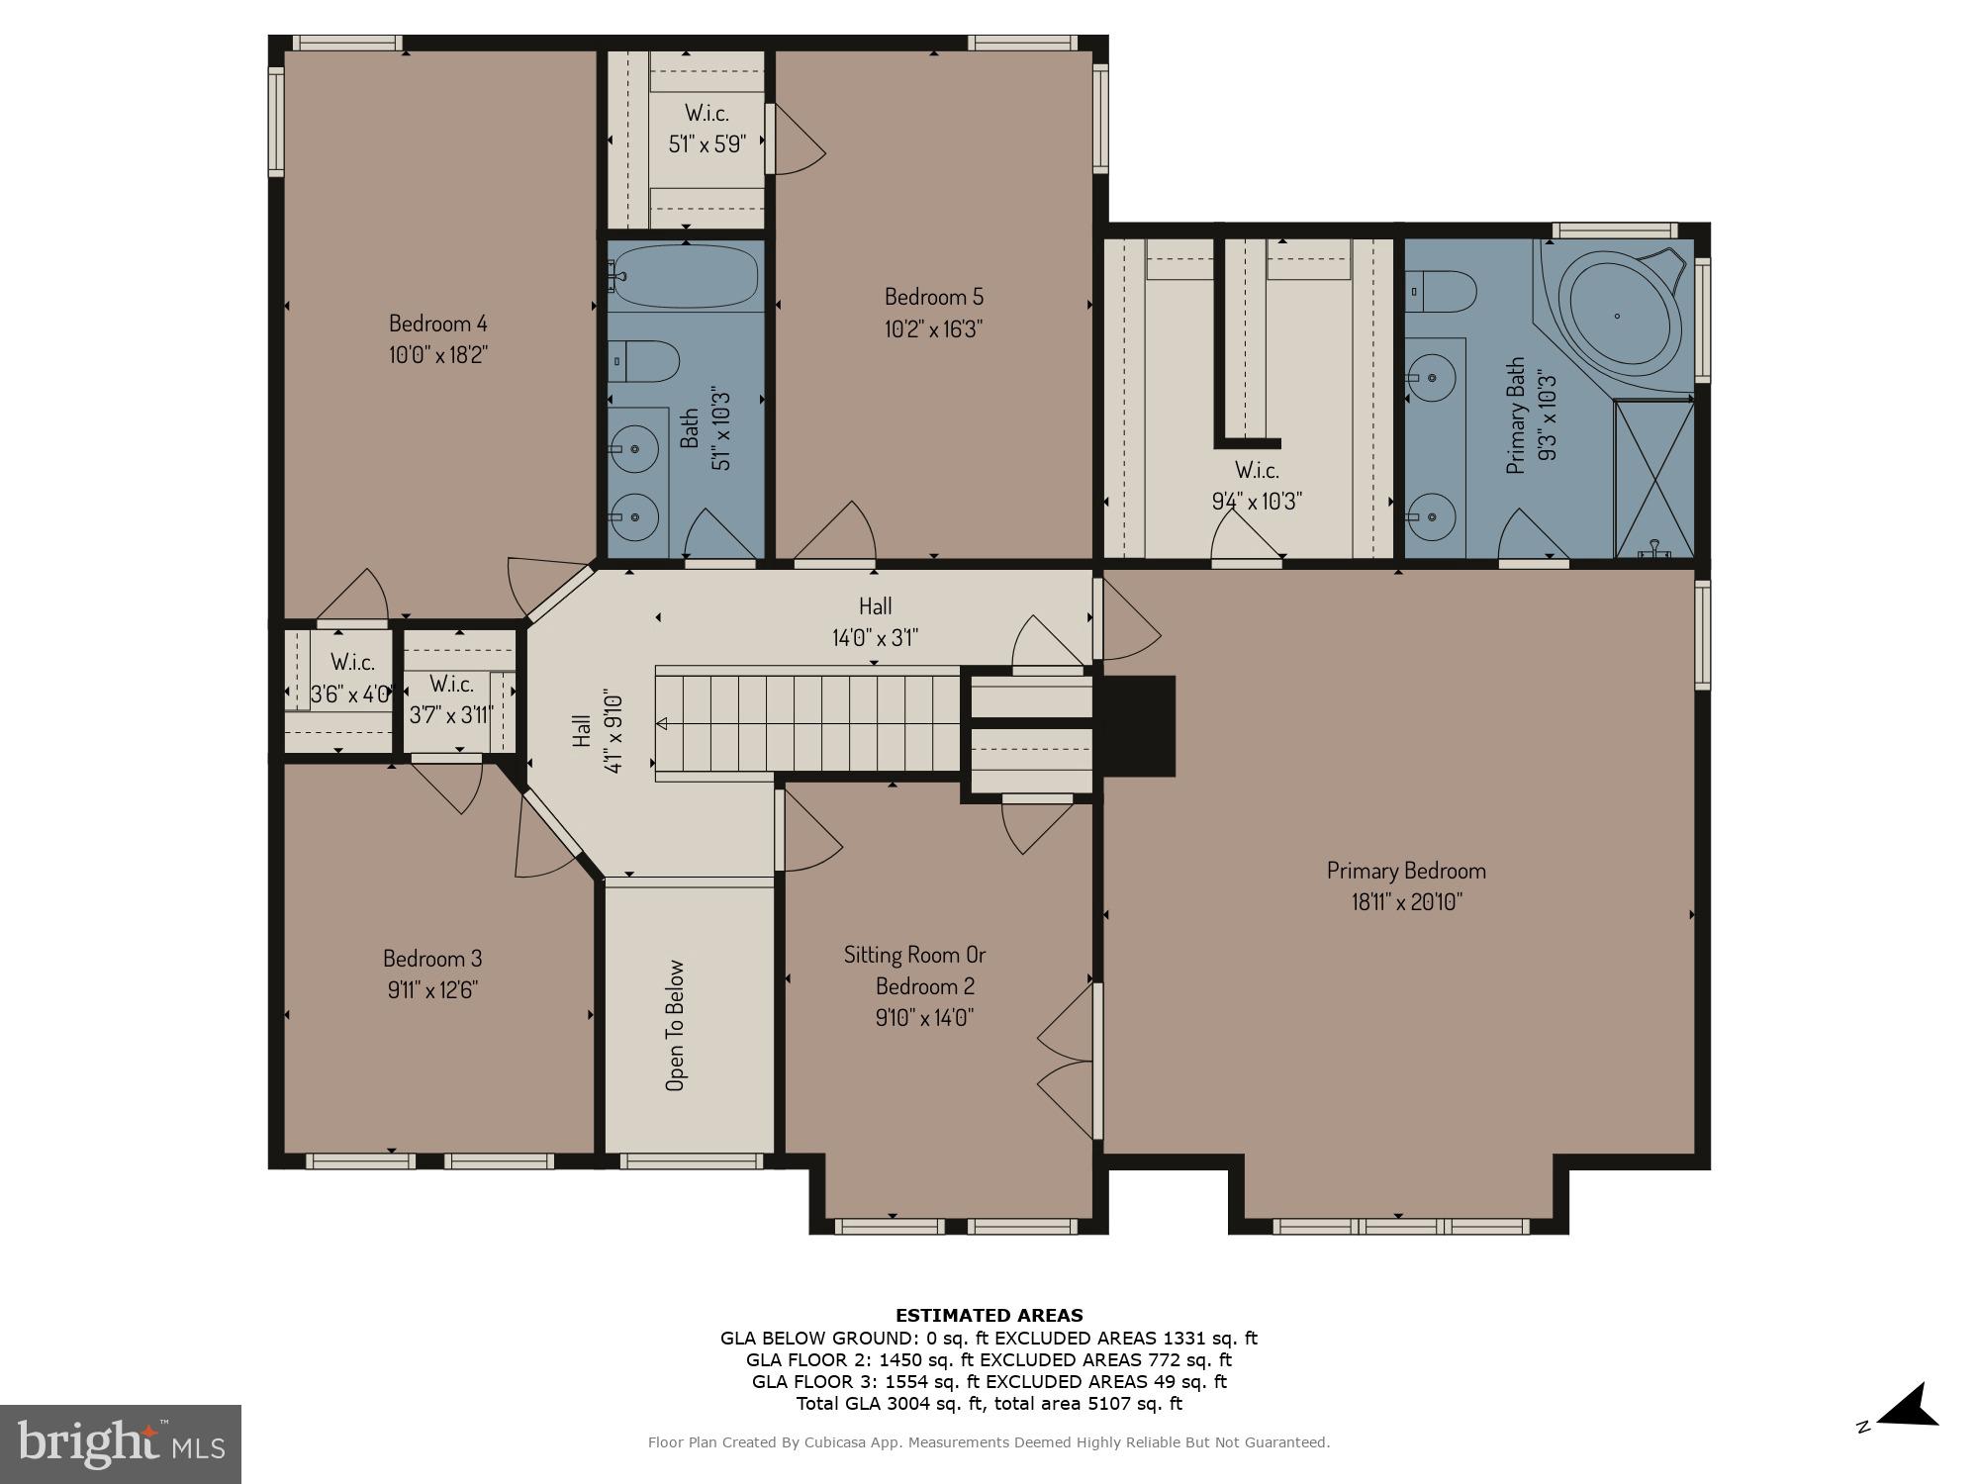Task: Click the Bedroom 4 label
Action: [437, 324]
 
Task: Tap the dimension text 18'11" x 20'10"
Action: [1405, 902]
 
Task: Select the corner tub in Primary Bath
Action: [1620, 316]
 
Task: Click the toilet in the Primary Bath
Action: [1442, 292]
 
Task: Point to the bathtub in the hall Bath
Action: [685, 276]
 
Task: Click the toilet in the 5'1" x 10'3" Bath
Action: [643, 361]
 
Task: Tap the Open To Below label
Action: [675, 1025]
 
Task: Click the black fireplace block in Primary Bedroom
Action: [1139, 725]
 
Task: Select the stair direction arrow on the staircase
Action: [662, 724]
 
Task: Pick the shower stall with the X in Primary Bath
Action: [1653, 478]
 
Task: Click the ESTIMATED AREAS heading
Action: [989, 1316]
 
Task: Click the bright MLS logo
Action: [121, 1443]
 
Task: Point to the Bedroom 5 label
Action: [933, 297]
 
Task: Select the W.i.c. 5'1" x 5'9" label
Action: [707, 129]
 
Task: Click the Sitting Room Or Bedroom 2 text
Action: [914, 971]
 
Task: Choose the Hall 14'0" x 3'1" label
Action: [875, 621]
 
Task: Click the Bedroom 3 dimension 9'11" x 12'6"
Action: [432, 990]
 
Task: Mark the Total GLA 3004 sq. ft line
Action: [989, 1403]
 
